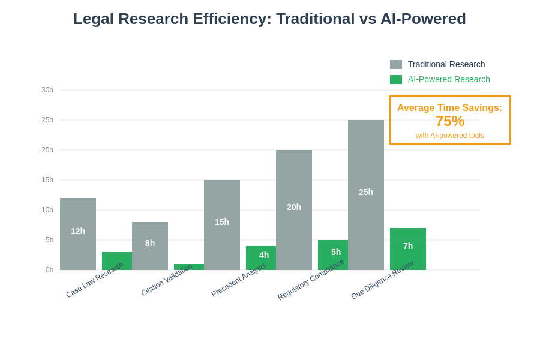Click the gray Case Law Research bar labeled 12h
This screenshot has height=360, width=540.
point(78,234)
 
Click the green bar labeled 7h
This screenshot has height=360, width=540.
point(408,249)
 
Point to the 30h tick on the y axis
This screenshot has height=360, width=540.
point(47,90)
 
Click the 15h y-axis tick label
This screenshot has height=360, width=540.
point(47,180)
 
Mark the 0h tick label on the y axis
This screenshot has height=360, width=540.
point(49,270)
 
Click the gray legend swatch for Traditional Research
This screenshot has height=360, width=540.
point(396,64)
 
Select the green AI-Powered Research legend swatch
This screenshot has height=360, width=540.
point(396,79)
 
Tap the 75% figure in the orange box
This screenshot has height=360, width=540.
point(450,121)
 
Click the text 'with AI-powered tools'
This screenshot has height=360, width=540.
point(450,136)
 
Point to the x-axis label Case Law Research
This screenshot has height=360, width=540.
point(95,280)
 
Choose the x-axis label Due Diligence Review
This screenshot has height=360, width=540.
point(383,280)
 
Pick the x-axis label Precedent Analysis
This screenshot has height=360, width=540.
point(239,280)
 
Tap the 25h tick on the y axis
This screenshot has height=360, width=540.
point(47,120)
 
